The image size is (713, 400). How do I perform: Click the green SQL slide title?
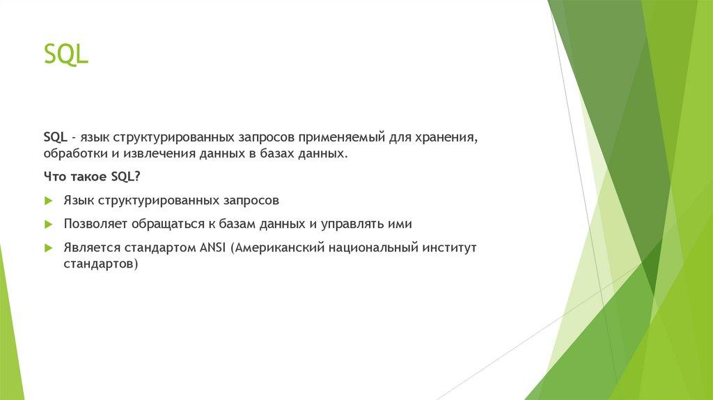[x=65, y=55]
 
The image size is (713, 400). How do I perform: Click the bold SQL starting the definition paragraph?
[x=55, y=137]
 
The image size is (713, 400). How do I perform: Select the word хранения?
[x=446, y=137]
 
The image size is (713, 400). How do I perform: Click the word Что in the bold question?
[x=55, y=176]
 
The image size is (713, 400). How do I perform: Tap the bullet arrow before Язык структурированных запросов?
[x=49, y=201]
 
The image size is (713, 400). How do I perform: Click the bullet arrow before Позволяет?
[x=49, y=224]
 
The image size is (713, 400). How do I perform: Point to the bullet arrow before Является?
[x=49, y=248]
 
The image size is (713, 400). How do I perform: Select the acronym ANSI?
[x=212, y=248]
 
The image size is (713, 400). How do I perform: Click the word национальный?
[x=373, y=249]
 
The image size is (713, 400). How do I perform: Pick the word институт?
[x=449, y=249]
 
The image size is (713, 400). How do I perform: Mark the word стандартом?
[x=160, y=249]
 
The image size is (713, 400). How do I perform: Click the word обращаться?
[x=168, y=224]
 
